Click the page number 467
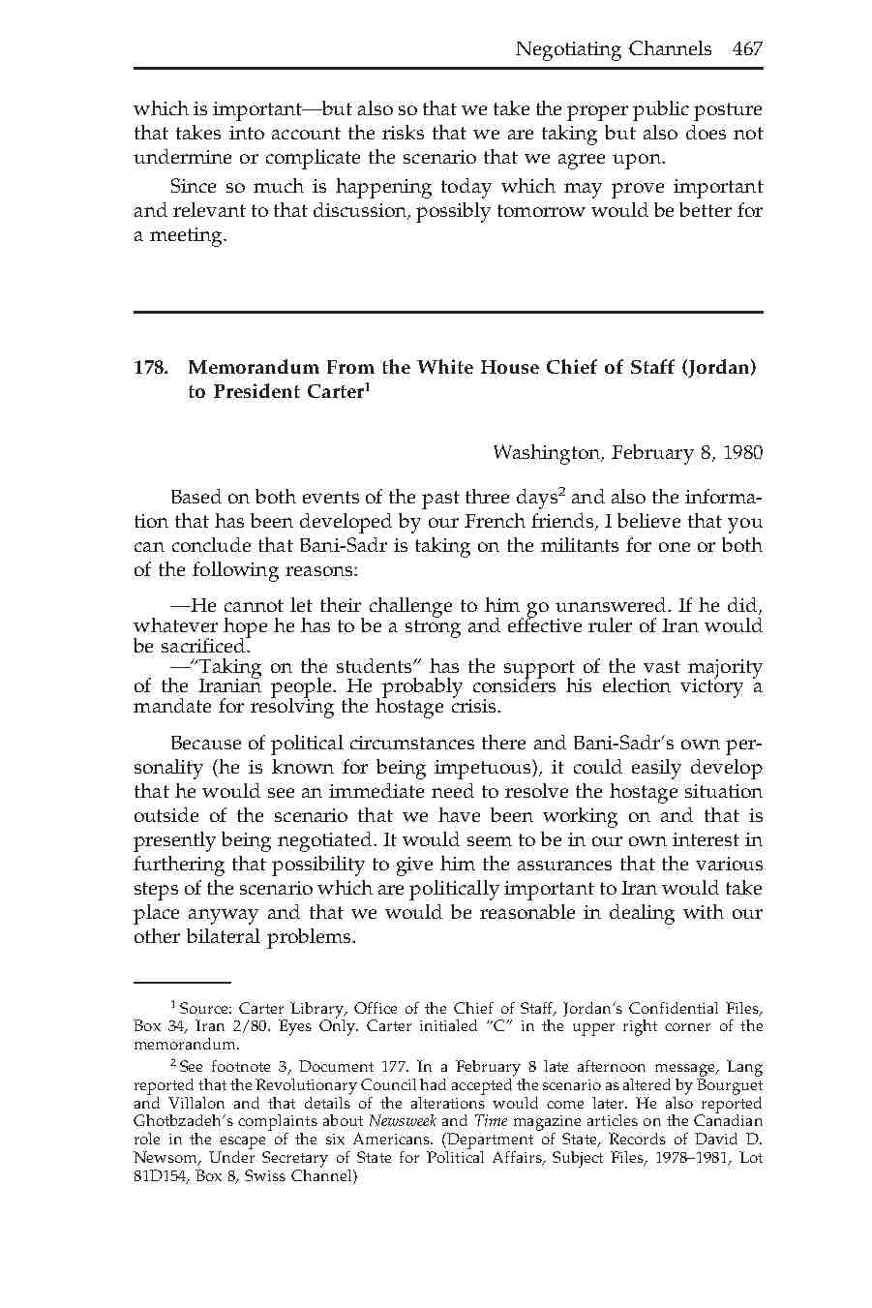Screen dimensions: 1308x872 click(x=747, y=48)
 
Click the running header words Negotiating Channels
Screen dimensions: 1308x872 click(x=613, y=48)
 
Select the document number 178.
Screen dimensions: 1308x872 click(x=149, y=368)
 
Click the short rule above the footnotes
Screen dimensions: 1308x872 click(x=181, y=982)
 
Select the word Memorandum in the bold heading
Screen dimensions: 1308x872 click(x=254, y=368)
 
